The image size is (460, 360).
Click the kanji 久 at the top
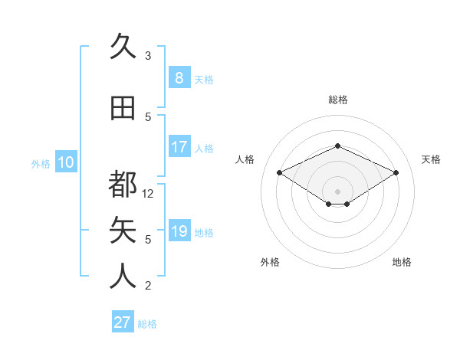pos(123,47)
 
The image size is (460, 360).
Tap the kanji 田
pos(123,108)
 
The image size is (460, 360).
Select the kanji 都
pos(123,184)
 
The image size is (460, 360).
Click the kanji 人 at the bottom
pos(123,277)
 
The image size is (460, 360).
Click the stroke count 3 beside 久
pos(148,56)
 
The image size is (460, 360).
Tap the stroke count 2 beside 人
pos(148,286)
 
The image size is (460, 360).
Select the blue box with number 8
pos(179,77)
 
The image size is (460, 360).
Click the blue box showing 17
pos(179,146)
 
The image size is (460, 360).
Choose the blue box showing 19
pos(179,231)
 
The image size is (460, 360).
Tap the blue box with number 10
pos(66,162)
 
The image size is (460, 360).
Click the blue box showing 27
pos(123,322)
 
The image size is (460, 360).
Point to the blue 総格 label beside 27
pos(147,324)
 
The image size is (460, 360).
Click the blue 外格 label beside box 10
pos(40,163)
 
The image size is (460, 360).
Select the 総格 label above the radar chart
pos(337,100)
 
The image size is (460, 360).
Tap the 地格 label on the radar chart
pos(402,262)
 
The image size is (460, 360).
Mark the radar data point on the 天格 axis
pos(396,173)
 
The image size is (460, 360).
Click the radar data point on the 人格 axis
pos(280,173)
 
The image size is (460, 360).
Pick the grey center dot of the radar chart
pos(337,190)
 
